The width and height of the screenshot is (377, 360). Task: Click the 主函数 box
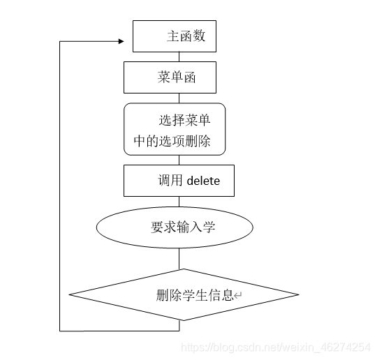(x=174, y=36)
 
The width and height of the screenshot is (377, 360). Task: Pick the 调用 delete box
(x=179, y=181)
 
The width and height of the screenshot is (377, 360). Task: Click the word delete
(x=203, y=181)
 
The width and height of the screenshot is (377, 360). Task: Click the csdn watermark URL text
(x=275, y=347)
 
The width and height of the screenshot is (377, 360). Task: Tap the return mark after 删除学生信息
(x=238, y=296)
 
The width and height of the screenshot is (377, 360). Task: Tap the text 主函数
(x=186, y=36)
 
